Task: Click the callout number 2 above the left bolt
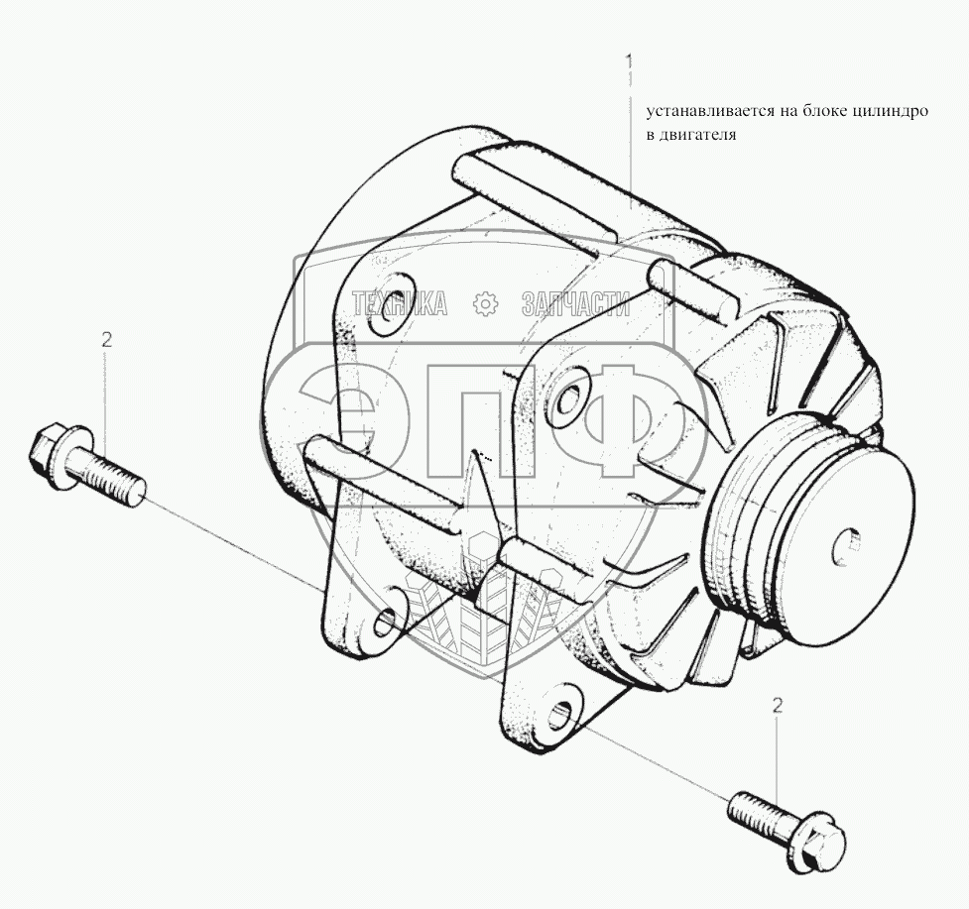106,339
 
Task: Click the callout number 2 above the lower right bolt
778,706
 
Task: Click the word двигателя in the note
700,136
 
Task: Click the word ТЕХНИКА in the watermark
400,304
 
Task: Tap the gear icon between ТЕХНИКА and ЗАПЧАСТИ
485,304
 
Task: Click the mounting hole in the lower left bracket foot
386,622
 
